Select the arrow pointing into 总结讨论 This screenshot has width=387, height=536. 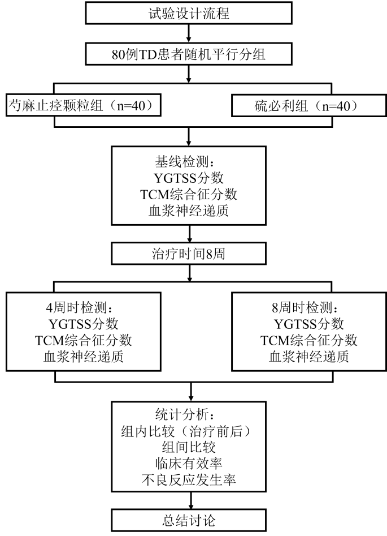coord(190,500)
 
